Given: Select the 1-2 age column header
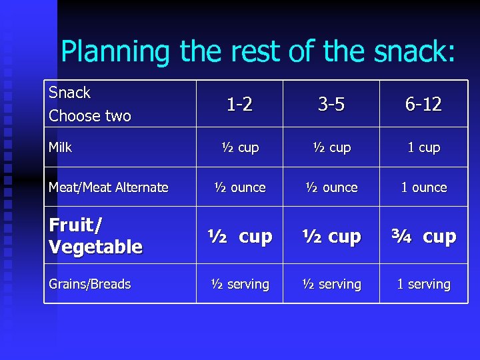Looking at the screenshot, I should coord(239,105).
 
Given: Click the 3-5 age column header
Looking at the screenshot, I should coord(331,105).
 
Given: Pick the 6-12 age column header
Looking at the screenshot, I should coord(424,105).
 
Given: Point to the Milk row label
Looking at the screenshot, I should coord(60,147).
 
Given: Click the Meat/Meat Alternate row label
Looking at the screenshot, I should coord(109,188).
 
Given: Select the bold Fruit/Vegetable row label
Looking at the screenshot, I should coord(96,236).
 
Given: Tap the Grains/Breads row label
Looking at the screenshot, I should coord(90,284).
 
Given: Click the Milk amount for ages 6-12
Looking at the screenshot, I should coord(424,148).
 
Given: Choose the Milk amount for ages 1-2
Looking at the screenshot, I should coord(239,148).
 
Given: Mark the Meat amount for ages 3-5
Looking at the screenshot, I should coord(331,188).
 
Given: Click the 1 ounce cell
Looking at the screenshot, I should coord(424,188).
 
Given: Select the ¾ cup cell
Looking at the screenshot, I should coord(424,237).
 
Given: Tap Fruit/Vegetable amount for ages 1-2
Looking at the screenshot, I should coord(239,237).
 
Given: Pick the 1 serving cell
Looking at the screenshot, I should coord(424,284).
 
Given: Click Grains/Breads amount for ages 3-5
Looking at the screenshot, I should coord(331,284).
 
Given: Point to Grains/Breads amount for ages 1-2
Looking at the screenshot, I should coord(239,284).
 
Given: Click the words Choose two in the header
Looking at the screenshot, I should coord(90,116).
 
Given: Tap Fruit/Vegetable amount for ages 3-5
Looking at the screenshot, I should coord(331,237).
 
